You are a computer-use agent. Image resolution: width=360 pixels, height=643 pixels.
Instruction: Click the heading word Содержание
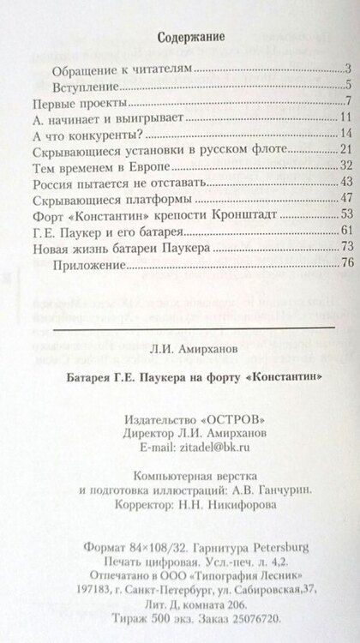pyautogui.click(x=181, y=37)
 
